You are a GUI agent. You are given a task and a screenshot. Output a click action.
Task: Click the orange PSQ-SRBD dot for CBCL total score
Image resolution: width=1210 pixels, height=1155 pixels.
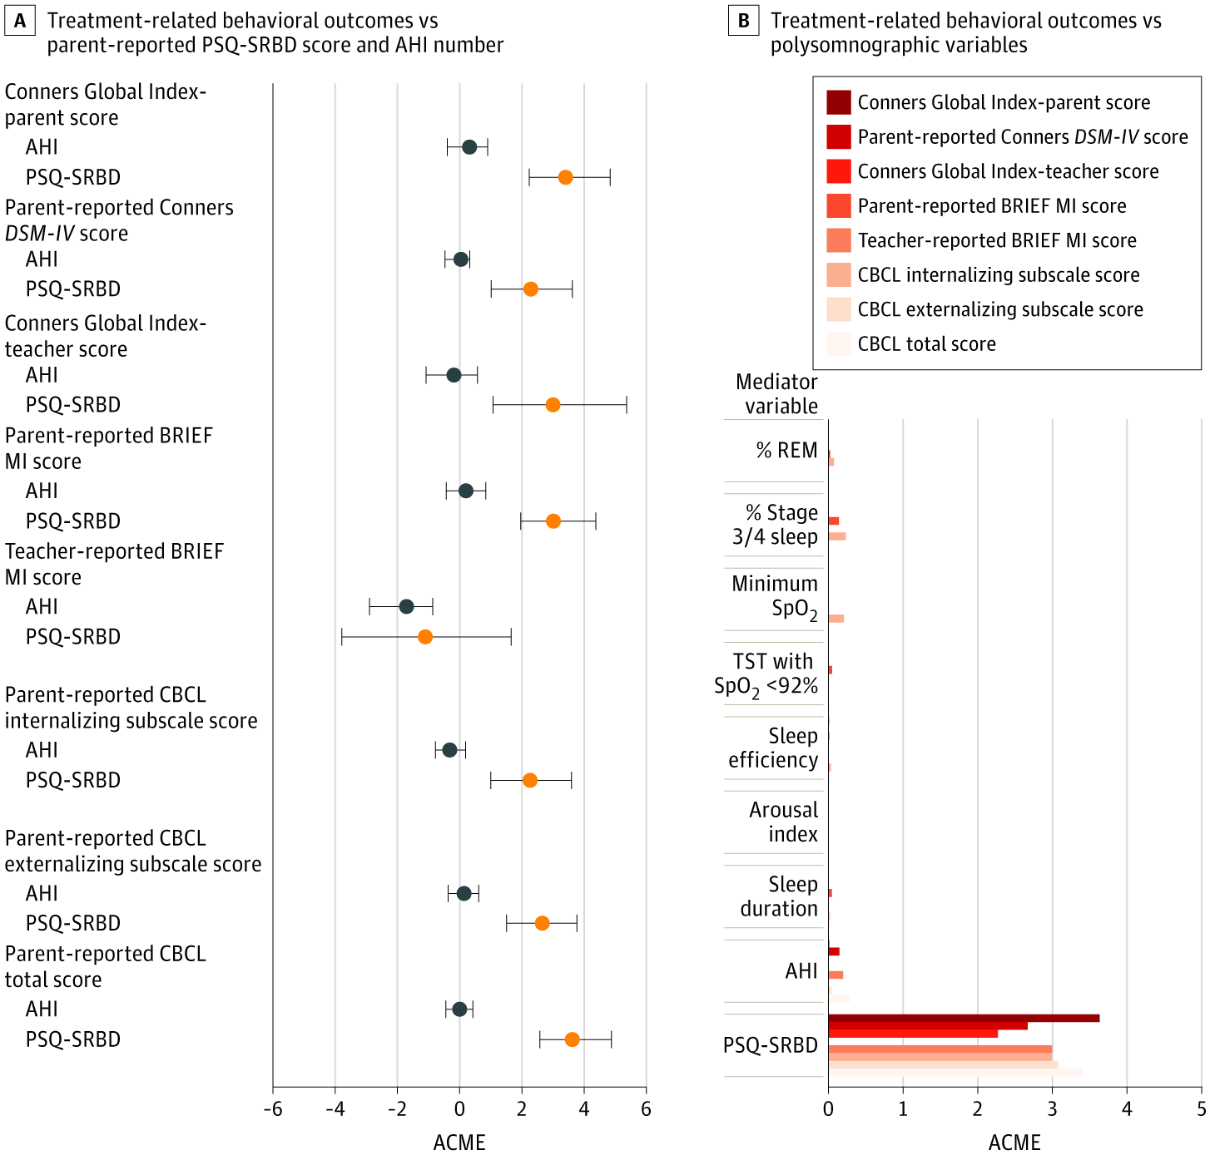click(572, 1039)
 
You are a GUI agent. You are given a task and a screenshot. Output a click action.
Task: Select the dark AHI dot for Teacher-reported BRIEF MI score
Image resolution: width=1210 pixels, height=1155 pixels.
click(406, 606)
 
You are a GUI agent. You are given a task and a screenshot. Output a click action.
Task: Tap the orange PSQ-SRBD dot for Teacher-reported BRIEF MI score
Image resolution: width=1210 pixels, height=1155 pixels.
click(425, 637)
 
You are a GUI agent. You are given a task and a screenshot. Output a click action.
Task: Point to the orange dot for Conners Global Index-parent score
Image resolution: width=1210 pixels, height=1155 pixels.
click(565, 177)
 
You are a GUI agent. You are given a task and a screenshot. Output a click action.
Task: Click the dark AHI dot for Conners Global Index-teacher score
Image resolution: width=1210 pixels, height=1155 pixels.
click(454, 375)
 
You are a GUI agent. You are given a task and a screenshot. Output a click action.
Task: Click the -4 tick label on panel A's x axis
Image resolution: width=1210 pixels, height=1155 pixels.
click(335, 1109)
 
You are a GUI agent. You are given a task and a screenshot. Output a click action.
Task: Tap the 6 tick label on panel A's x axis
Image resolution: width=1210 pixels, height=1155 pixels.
click(646, 1109)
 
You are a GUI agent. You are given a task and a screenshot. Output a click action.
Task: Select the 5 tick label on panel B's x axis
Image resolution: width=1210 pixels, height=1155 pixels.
click(1201, 1109)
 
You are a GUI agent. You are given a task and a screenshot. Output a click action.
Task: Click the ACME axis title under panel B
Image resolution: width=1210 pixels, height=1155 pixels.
click(1014, 1143)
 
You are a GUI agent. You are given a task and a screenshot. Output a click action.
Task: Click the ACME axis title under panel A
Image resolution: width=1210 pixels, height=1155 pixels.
click(459, 1143)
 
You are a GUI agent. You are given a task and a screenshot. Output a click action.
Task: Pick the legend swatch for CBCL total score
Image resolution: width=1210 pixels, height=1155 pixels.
click(839, 344)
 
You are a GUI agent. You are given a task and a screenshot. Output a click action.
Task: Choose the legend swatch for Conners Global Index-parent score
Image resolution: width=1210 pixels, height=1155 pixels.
click(839, 102)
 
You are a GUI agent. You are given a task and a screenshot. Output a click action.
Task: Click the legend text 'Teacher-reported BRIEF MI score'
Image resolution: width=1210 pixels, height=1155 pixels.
click(997, 240)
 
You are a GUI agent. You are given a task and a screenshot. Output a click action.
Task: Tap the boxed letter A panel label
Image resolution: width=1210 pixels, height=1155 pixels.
click(20, 21)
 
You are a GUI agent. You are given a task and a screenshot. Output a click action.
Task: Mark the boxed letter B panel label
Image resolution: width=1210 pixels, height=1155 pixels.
click(743, 21)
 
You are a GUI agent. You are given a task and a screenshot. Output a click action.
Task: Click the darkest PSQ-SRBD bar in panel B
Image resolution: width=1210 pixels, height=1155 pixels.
click(964, 1019)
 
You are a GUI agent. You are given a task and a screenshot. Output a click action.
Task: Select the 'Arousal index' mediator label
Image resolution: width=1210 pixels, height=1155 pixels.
click(783, 822)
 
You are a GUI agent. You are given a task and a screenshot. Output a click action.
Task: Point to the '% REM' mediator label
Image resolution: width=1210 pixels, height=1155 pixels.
click(786, 451)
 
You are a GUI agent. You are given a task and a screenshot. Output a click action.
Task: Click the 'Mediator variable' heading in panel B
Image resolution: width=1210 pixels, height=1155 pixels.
click(776, 394)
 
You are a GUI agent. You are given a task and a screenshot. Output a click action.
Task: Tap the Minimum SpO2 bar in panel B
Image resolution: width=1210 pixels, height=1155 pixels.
click(836, 619)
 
